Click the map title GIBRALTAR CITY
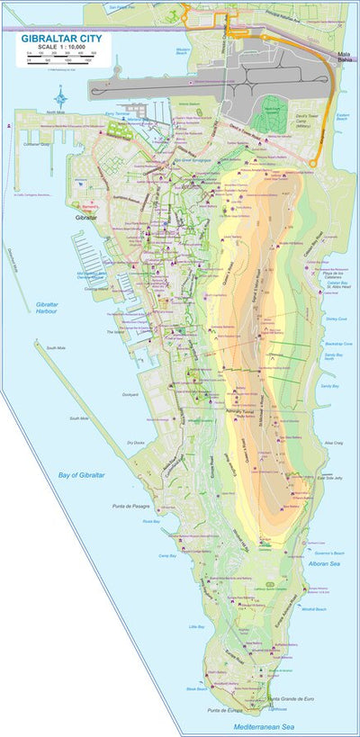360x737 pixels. tap(62, 39)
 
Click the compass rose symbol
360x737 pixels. tap(59, 99)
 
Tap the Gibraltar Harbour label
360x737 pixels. tap(47, 308)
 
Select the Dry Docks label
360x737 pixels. tap(136, 443)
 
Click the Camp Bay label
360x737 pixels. tap(166, 556)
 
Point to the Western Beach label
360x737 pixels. tap(184, 51)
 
